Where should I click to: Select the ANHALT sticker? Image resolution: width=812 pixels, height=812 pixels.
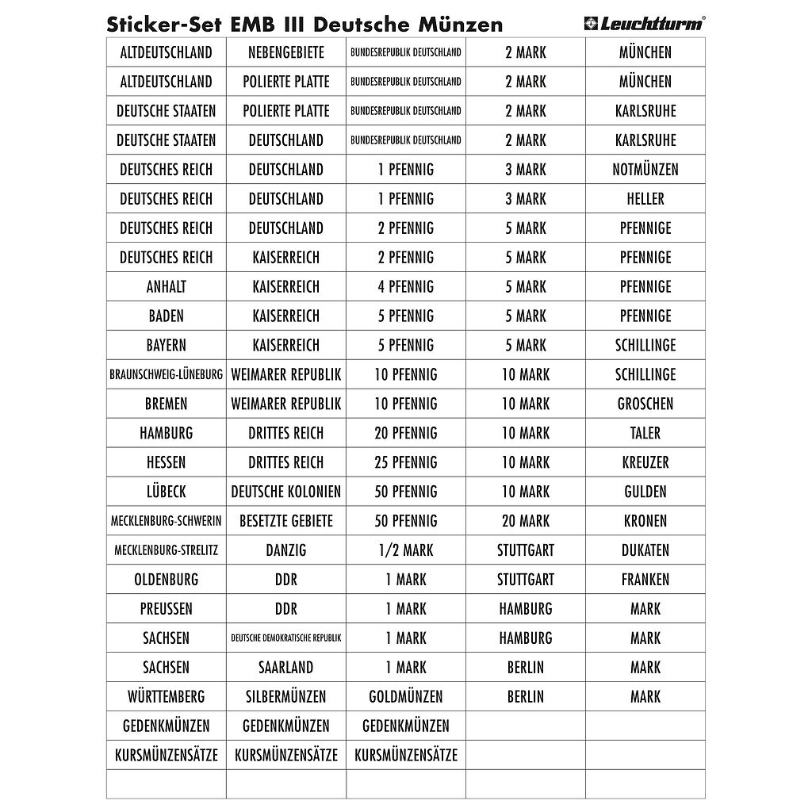[x=167, y=286]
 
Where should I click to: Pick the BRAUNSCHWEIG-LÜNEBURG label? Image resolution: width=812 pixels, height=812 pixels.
[x=167, y=374]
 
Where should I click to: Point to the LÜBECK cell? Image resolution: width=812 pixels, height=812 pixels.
[x=167, y=492]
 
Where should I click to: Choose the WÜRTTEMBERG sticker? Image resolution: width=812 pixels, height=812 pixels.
[x=167, y=697]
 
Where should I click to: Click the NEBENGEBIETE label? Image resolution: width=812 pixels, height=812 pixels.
[x=286, y=52]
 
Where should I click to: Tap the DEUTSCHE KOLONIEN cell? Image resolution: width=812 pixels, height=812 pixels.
[x=286, y=492]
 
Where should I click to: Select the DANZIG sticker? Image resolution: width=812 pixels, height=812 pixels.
[x=286, y=550]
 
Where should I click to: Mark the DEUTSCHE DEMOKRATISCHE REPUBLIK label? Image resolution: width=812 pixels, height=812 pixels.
[x=286, y=638]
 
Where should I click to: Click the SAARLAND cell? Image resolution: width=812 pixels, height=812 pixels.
[x=286, y=668]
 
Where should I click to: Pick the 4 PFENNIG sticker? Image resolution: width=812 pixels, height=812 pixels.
[x=406, y=286]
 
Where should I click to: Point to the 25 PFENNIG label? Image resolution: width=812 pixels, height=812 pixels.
[x=406, y=462]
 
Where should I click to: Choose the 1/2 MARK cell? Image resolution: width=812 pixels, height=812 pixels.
[x=406, y=550]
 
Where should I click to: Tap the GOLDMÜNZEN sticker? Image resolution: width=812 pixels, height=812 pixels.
[x=406, y=697]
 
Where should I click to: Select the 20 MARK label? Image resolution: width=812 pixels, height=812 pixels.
[x=526, y=521]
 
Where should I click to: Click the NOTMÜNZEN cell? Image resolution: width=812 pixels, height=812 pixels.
[x=645, y=169]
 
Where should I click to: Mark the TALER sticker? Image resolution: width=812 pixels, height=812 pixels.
[x=645, y=433]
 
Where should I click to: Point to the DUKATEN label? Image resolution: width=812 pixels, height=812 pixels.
[x=645, y=550]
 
